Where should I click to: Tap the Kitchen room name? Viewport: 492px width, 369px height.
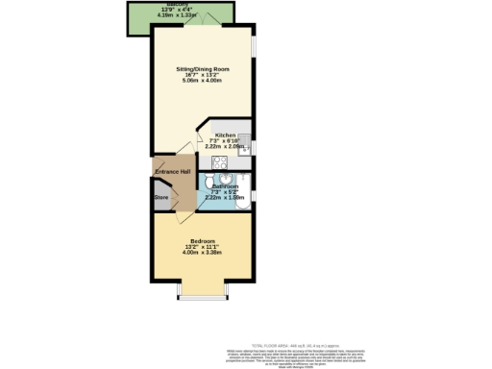(x=226, y=135)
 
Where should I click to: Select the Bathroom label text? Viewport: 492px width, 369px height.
(x=226, y=185)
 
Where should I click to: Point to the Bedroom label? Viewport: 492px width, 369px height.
(x=202, y=240)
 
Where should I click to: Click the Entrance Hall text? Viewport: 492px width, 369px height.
(x=172, y=172)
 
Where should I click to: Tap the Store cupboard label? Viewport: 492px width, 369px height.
(x=160, y=199)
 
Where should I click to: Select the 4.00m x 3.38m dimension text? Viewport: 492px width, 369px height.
(x=202, y=252)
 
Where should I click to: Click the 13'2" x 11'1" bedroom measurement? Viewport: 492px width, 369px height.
(x=202, y=246)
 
